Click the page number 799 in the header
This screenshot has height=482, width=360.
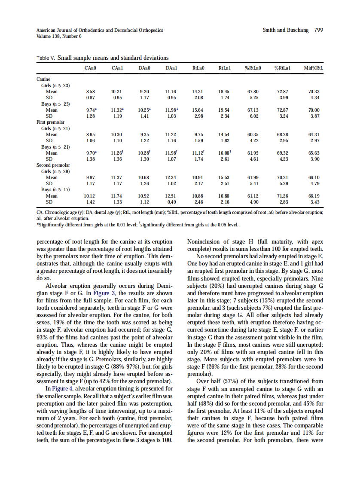click(318, 30)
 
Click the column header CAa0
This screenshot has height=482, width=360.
click(91, 68)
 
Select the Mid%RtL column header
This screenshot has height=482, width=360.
click(314, 68)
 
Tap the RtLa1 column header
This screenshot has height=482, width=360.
click(225, 68)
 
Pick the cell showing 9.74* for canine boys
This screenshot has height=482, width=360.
click(91, 110)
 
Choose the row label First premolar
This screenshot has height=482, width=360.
click(51, 122)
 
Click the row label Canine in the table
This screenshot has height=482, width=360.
click(43, 79)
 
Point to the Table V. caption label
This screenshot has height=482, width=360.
click(46, 58)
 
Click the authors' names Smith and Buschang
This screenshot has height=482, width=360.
click(285, 30)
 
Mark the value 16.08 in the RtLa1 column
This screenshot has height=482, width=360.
click(225, 153)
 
